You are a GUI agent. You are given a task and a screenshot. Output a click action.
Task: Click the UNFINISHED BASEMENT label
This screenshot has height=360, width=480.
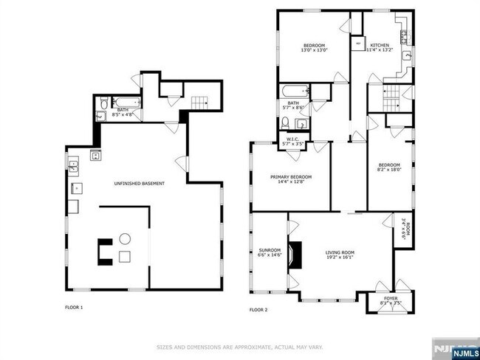(x=139, y=183)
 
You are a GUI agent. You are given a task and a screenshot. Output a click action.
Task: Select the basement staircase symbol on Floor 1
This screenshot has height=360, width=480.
(x=199, y=102)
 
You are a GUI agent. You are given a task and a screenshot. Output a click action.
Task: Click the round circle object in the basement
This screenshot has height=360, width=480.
(x=125, y=238)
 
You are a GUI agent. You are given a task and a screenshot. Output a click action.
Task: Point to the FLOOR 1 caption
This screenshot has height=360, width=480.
(x=74, y=307)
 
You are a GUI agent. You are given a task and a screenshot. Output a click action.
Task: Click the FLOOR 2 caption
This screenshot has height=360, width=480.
(x=258, y=310)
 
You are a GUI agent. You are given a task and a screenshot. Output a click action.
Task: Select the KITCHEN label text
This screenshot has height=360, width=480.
(x=380, y=44)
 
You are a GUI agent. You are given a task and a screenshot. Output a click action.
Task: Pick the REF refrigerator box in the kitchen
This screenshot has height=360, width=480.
(x=359, y=44)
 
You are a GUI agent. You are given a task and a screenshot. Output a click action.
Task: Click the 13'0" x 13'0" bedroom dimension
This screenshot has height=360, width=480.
(x=314, y=51)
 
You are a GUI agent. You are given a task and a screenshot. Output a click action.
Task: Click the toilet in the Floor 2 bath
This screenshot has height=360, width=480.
(x=300, y=122)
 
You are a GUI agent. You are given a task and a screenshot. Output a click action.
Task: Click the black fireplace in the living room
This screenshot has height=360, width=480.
(x=294, y=255)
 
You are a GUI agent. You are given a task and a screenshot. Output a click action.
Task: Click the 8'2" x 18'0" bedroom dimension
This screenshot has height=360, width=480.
(x=389, y=169)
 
